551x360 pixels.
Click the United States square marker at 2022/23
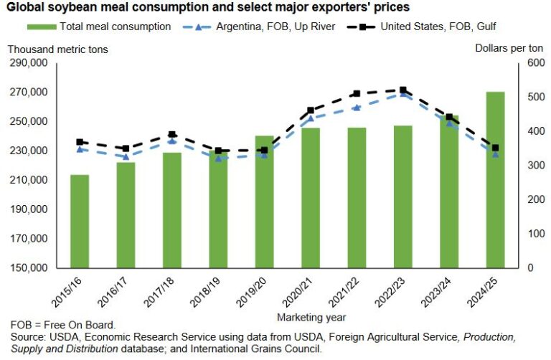(x=402, y=90)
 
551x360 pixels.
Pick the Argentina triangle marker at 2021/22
(x=356, y=108)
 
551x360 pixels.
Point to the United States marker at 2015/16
(x=80, y=142)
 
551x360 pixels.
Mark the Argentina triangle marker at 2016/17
(x=126, y=156)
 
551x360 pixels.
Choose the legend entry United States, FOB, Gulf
(x=410, y=27)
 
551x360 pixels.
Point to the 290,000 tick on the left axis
(x=29, y=63)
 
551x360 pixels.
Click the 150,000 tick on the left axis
(x=29, y=268)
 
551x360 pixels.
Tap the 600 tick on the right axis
(x=528, y=63)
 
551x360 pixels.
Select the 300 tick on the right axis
(x=528, y=166)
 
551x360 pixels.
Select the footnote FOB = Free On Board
(x=63, y=325)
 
